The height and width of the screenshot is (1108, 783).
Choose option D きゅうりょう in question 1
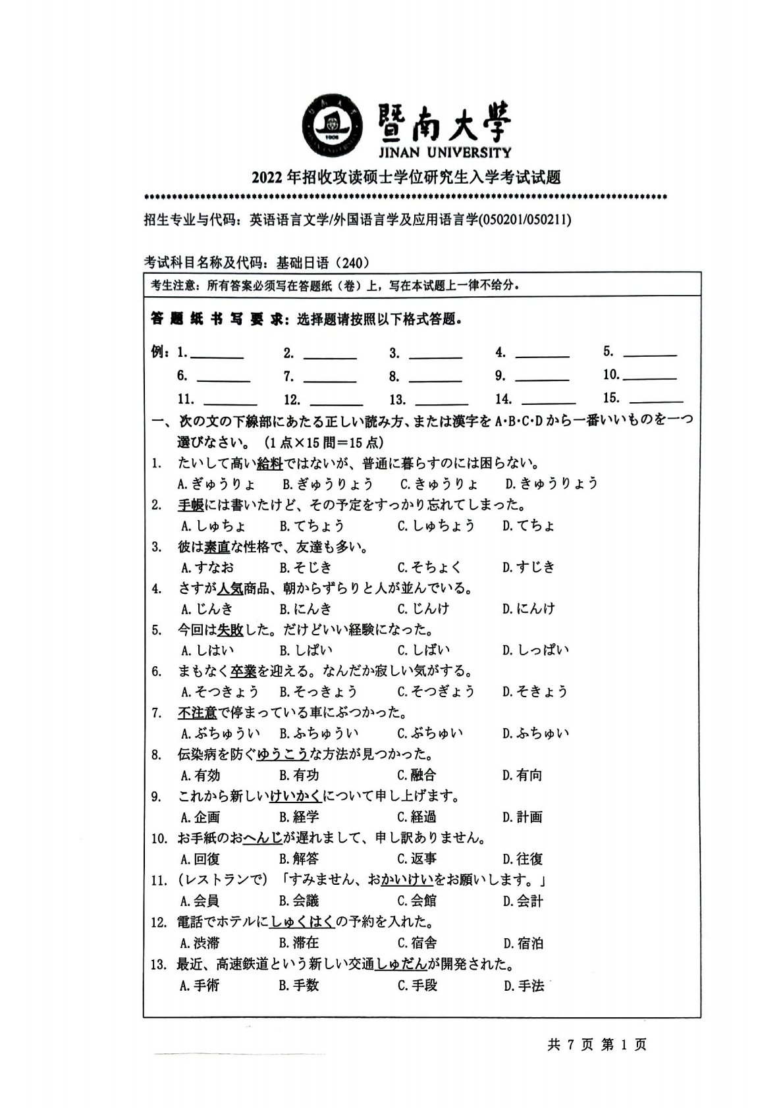(552, 484)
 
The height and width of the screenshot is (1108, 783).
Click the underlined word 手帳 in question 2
(190, 505)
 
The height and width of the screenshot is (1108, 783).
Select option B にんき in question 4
(306, 609)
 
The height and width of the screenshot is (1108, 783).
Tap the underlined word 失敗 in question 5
(230, 630)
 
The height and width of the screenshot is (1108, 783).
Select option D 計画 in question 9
(522, 818)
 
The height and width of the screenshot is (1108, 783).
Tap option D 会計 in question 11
(523, 901)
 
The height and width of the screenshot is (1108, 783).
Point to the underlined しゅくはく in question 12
(302, 922)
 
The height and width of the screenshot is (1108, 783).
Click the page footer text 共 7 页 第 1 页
(597, 1045)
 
